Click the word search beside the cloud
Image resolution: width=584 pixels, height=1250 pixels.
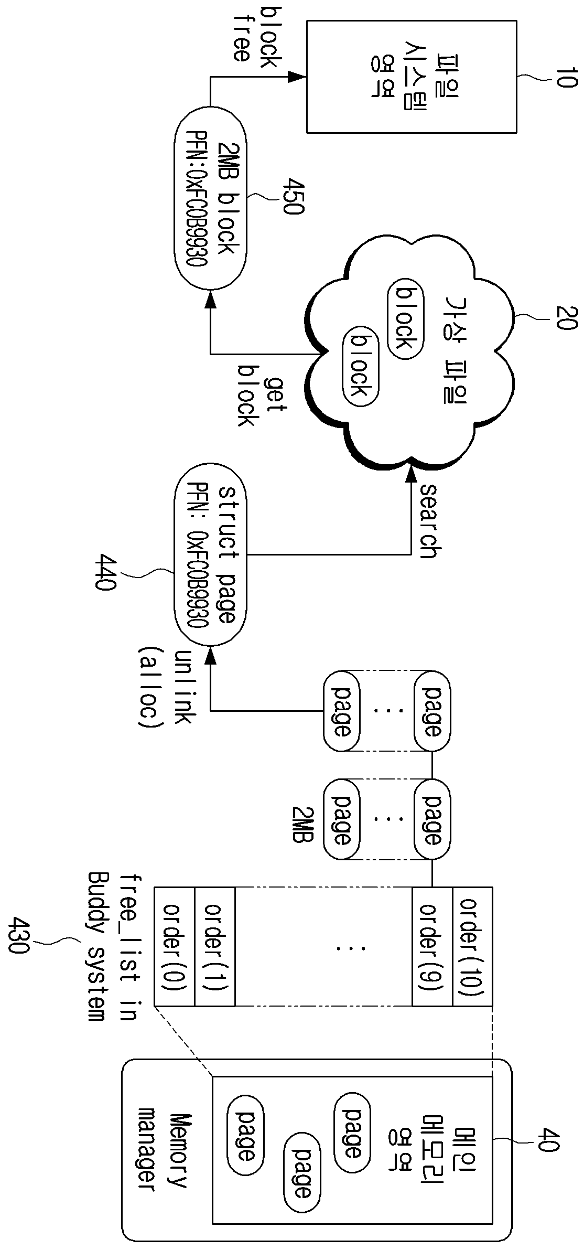pyautogui.click(x=428, y=521)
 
